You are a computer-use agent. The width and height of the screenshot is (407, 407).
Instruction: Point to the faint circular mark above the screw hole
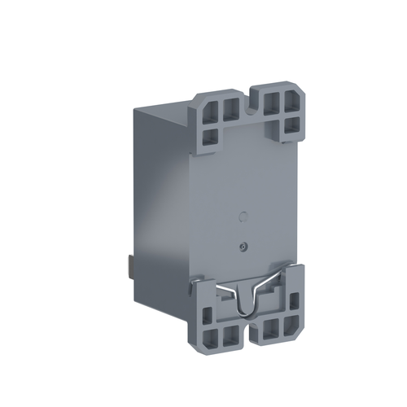241,217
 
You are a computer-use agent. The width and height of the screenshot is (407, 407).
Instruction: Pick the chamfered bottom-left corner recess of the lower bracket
208,339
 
